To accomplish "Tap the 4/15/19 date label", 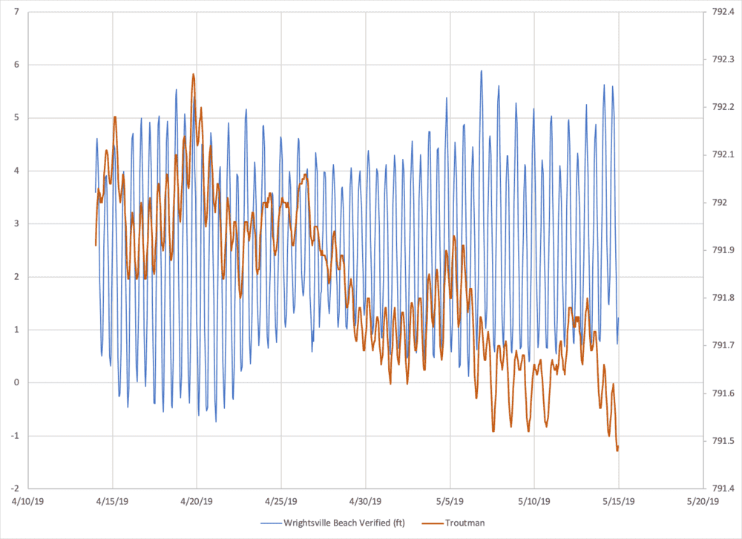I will click(113, 502).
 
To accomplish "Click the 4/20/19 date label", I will click(197, 502).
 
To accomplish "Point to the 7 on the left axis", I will click(16, 12).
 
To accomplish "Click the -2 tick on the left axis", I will click(14, 489).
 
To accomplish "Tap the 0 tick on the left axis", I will click(16, 382).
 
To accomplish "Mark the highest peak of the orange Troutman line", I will click(194, 74).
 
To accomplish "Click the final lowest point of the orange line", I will click(617, 450).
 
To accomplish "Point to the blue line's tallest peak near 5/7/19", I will click(481, 71).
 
